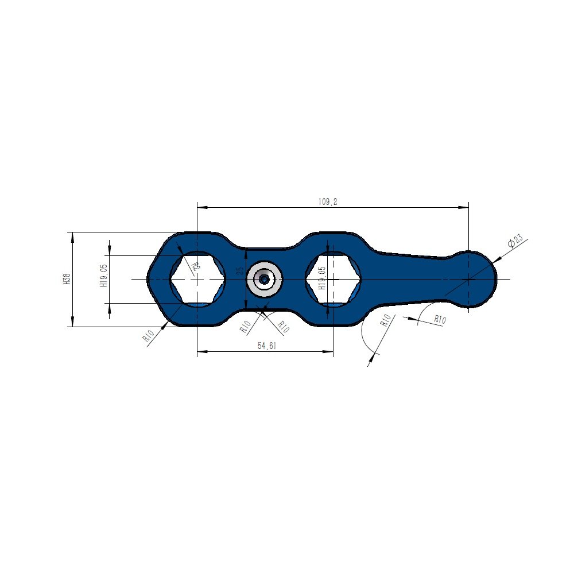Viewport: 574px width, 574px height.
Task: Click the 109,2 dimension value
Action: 327,201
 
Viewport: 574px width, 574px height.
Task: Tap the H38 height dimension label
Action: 67,279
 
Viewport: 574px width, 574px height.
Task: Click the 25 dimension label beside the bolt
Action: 240,270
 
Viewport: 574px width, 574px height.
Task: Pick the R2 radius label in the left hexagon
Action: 195,266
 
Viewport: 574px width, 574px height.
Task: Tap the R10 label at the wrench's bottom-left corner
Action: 149,335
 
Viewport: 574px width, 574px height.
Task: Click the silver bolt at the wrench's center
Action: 264,279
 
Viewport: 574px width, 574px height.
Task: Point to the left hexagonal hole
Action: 197,279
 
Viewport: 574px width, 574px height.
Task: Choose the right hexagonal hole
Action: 333,279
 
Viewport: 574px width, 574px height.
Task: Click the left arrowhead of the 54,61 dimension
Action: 201,351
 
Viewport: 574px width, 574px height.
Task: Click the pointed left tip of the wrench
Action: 149,279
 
